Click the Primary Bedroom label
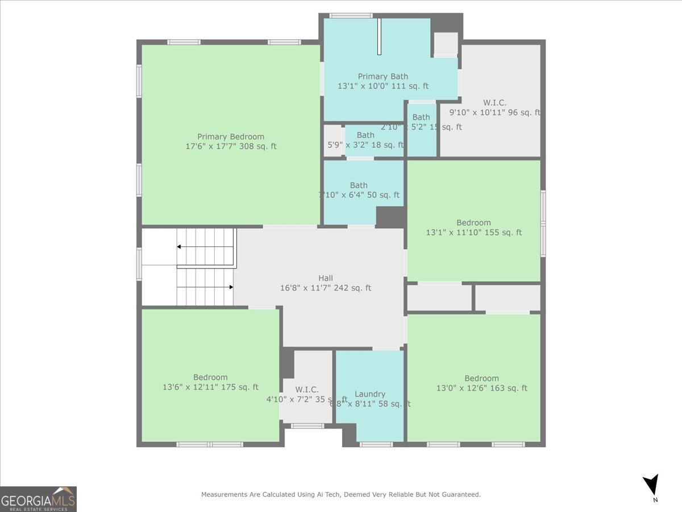click(230, 137)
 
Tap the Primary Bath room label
click(382, 77)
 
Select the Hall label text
click(326, 278)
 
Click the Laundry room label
click(370, 394)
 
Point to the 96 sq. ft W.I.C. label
click(494, 103)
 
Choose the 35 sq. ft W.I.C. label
click(306, 390)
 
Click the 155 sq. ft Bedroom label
click(473, 222)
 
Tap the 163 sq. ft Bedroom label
click(481, 378)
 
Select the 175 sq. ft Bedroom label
click(210, 377)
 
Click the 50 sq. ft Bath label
click(359, 185)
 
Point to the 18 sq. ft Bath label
click(365, 135)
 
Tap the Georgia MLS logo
click(38, 499)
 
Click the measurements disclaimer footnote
click(340, 495)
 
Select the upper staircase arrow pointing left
click(180, 246)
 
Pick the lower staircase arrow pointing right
click(230, 287)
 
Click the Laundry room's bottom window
click(376, 444)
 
